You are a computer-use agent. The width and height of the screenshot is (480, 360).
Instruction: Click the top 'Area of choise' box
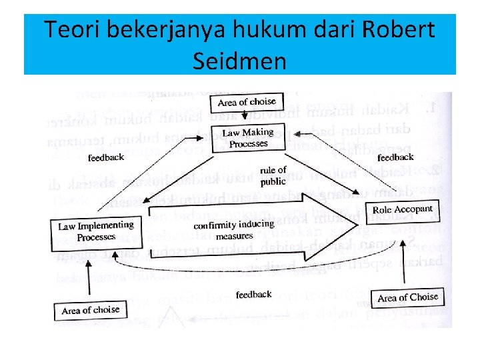[247, 102]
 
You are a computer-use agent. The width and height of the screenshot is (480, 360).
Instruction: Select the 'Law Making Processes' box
[247, 138]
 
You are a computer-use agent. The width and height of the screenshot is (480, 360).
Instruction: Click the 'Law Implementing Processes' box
[95, 232]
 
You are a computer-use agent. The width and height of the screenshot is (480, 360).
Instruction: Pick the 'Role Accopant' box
[402, 210]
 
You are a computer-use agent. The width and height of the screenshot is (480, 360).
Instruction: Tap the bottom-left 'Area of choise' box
[90, 310]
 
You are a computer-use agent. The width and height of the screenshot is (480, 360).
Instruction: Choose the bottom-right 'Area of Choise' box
[407, 297]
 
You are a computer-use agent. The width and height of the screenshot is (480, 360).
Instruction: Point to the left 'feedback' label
[105, 157]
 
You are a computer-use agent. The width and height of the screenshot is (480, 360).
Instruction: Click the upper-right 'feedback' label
[395, 157]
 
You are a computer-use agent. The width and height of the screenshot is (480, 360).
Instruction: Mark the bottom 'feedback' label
[253, 294]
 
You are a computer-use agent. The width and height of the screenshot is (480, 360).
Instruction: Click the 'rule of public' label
[273, 175]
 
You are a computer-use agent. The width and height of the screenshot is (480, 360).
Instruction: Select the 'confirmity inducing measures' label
[235, 231]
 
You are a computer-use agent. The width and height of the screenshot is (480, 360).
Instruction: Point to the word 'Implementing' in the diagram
[106, 226]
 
